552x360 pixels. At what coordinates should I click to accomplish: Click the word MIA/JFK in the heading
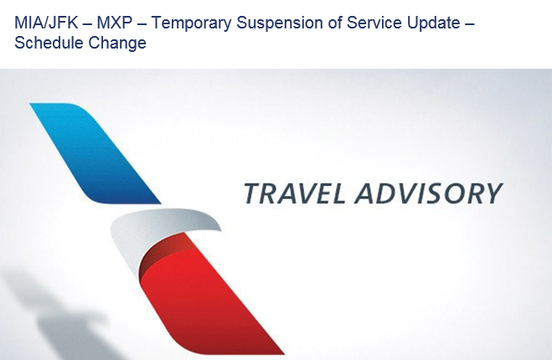point(46,23)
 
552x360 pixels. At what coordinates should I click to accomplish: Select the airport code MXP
point(115,23)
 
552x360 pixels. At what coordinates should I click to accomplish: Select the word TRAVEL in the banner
point(294,193)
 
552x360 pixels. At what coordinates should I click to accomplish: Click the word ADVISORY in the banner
point(428,193)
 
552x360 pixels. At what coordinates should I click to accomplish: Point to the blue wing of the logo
point(95,153)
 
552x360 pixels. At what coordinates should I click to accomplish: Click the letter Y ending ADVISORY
point(491,193)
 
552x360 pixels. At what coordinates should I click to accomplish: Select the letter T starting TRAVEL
point(253,193)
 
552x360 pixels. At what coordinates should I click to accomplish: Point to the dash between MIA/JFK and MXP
point(87,24)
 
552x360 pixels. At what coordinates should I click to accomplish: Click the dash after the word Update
point(469,24)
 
